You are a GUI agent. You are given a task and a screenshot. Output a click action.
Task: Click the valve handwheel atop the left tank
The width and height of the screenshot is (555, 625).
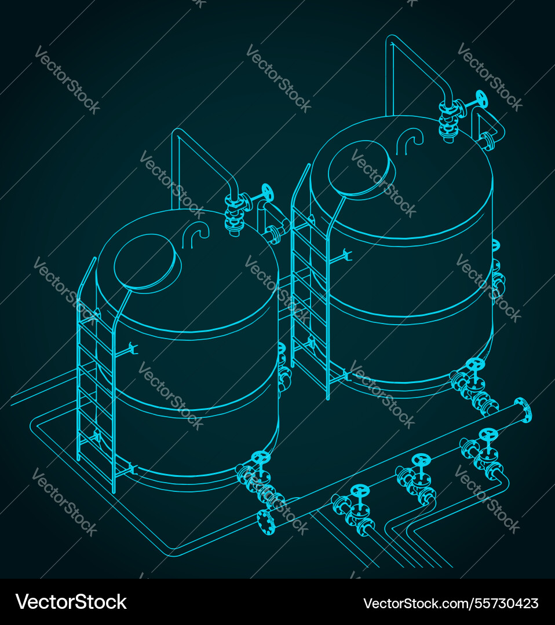[267, 191]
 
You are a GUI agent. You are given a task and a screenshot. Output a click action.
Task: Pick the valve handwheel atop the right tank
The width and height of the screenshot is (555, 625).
[481, 99]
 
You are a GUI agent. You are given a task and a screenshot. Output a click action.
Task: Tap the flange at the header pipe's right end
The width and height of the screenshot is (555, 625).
[523, 410]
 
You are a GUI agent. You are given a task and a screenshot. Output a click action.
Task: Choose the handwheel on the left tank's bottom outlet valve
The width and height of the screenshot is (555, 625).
[261, 457]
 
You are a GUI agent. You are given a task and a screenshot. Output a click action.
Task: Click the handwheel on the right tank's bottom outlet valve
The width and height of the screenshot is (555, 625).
[476, 365]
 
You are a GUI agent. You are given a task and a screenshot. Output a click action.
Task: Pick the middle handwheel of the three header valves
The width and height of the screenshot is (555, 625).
[421, 461]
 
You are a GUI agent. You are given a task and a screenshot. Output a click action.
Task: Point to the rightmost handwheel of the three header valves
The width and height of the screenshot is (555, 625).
[488, 433]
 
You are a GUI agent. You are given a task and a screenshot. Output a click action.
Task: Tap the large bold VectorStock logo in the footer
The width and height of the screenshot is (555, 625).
[71, 602]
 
